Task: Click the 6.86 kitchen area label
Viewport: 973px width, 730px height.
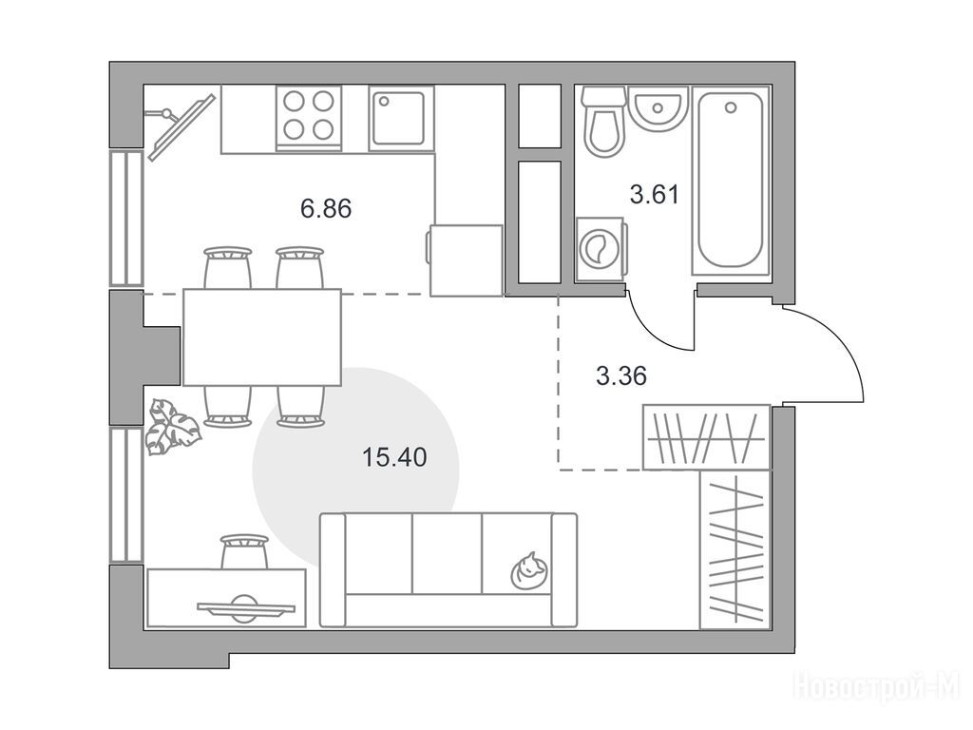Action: (326, 208)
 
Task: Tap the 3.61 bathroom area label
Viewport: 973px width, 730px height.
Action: (655, 194)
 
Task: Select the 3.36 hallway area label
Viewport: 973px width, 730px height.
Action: (621, 376)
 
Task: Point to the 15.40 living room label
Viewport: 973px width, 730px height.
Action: (394, 457)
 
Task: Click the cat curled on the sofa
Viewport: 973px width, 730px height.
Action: (528, 570)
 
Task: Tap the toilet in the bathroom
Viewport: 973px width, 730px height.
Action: (603, 121)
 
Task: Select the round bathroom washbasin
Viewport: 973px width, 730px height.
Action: (658, 109)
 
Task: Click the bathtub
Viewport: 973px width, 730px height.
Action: (731, 180)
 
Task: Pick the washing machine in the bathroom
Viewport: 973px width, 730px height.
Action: (601, 249)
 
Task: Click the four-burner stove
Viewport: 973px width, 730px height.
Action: (309, 117)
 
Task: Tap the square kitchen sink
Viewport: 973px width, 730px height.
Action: (401, 118)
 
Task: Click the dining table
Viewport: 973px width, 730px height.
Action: (262, 337)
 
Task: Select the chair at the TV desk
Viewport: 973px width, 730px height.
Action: (244, 551)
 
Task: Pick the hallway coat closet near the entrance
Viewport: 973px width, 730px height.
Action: (707, 437)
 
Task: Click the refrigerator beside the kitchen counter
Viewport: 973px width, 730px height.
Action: (466, 260)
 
